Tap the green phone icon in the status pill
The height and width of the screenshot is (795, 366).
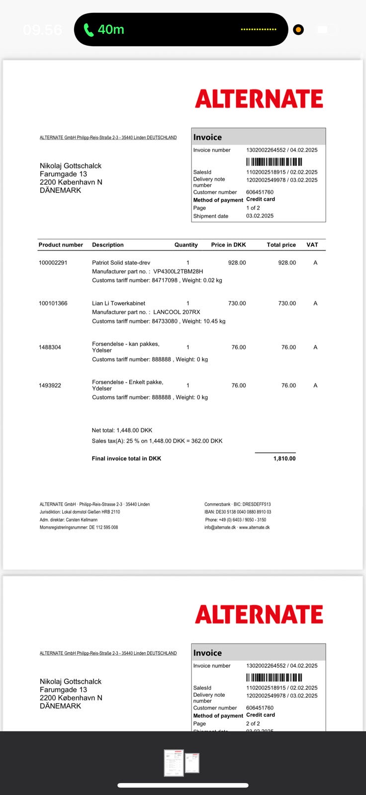tap(89, 30)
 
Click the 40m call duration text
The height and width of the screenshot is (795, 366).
tap(111, 30)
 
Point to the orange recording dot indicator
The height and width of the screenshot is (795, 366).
tap(298, 30)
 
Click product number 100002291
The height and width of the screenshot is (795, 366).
tap(53, 262)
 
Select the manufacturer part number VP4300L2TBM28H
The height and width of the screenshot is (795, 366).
tap(178, 271)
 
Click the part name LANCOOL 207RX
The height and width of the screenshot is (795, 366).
tap(177, 312)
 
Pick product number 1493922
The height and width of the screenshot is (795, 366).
tap(50, 385)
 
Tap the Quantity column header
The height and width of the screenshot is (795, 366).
tap(186, 244)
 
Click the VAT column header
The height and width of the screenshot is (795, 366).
tap(312, 244)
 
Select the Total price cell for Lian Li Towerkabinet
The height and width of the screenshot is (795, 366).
tap(287, 303)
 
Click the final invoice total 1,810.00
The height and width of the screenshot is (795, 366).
tap(284, 459)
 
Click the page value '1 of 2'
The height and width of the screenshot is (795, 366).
tap(253, 208)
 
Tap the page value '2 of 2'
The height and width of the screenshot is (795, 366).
tap(253, 723)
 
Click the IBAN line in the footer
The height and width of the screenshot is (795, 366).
tap(238, 512)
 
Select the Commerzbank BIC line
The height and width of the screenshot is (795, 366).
tap(237, 504)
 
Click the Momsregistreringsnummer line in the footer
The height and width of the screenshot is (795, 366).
tap(79, 527)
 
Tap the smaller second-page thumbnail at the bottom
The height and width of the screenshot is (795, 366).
tap(192, 763)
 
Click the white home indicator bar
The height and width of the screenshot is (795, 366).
tap(183, 785)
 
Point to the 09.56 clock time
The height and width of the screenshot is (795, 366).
tap(42, 30)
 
